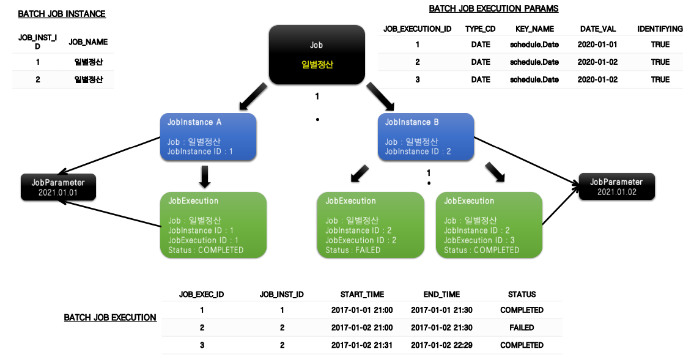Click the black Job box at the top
(317, 54)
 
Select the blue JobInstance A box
(208, 137)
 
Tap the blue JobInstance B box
(426, 137)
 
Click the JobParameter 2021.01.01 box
(58, 187)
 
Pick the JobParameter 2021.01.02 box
(616, 186)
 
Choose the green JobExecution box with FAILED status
(371, 224)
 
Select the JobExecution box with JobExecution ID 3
(489, 224)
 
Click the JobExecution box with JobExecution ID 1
(213, 224)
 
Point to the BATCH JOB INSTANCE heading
(62, 14)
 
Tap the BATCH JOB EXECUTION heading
(110, 318)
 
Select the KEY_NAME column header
(534, 29)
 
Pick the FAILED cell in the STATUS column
(521, 328)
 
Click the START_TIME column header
(362, 295)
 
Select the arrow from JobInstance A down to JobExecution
(205, 177)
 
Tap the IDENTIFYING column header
(660, 29)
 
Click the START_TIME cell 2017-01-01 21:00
(362, 310)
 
